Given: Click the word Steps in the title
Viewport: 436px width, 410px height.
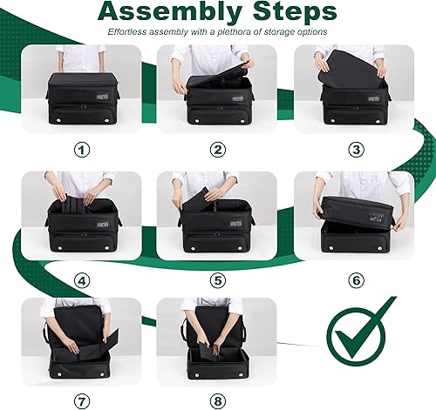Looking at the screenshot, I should point(289,12).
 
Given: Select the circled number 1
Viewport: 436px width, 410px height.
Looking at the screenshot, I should point(82,150).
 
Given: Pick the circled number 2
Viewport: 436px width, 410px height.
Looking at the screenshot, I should point(217,150).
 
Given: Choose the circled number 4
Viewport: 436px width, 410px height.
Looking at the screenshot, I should point(82,281).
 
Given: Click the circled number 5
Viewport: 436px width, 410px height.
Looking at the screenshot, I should point(217,281).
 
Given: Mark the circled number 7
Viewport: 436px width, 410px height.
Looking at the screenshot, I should point(82,402).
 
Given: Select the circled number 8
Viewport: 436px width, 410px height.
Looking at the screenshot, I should point(217,402).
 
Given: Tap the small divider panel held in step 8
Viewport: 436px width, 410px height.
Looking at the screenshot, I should point(208,348).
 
